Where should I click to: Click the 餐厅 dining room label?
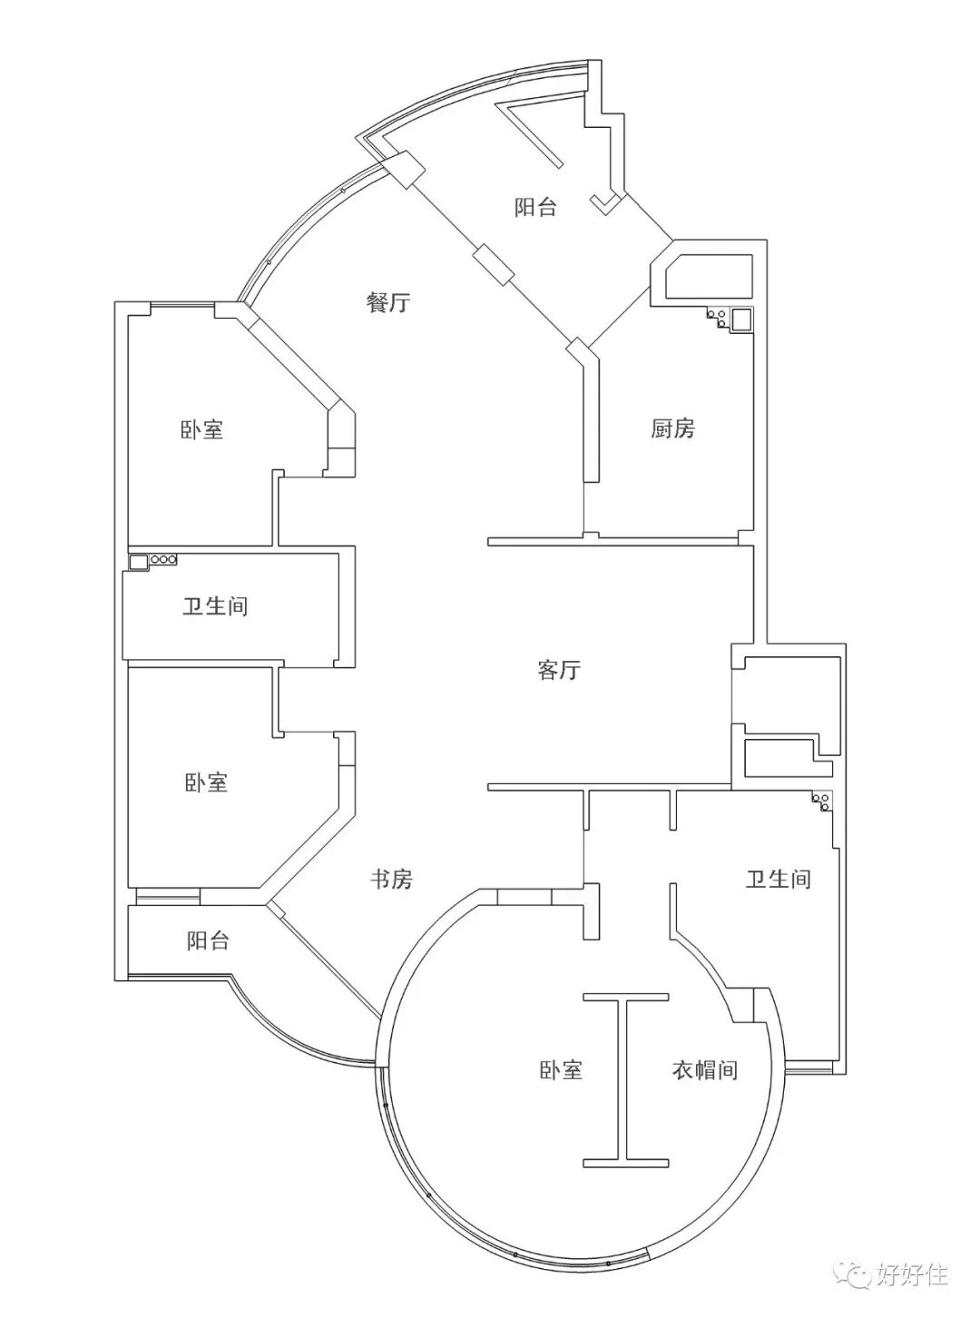pyautogui.click(x=387, y=303)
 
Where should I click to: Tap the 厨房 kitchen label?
pyautogui.click(x=672, y=428)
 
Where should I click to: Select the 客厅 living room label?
pyautogui.click(x=558, y=671)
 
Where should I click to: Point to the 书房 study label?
pyautogui.click(x=391, y=879)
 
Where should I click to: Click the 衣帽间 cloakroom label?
pyautogui.click(x=704, y=1070)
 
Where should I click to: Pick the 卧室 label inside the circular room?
pyautogui.click(x=560, y=1070)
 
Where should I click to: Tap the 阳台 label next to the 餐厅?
pyautogui.click(x=535, y=208)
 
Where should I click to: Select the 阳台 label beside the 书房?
pyautogui.click(x=208, y=941)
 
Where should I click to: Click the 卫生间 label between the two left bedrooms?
pyautogui.click(x=215, y=605)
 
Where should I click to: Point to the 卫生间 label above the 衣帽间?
pyautogui.click(x=778, y=879)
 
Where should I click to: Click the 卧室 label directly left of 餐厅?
pyautogui.click(x=201, y=429)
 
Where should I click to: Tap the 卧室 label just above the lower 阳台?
pyautogui.click(x=206, y=782)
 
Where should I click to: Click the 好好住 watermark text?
pyautogui.click(x=912, y=1274)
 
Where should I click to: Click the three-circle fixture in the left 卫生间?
pyautogui.click(x=163, y=560)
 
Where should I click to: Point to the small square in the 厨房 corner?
pyautogui.click(x=741, y=320)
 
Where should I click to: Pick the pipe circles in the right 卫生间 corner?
pyautogui.click(x=823, y=802)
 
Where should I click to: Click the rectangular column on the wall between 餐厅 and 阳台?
pyautogui.click(x=494, y=264)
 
